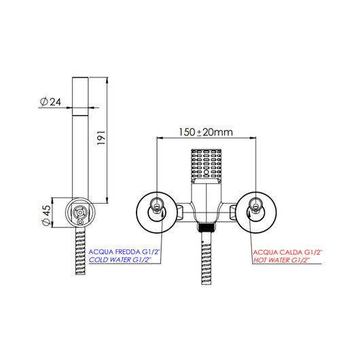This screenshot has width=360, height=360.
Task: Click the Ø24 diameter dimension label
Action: click(50, 102)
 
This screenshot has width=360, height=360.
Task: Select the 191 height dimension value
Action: click(101, 138)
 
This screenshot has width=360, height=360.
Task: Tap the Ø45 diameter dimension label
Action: click(46, 215)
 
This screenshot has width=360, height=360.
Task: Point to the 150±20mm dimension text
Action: click(206, 132)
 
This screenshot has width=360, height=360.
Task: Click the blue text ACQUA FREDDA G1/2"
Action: click(124, 252)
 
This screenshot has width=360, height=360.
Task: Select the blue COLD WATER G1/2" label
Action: click(120, 260)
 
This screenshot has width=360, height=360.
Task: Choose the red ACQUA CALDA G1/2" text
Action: click(288, 252)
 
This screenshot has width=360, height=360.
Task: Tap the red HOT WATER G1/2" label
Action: click(281, 260)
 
